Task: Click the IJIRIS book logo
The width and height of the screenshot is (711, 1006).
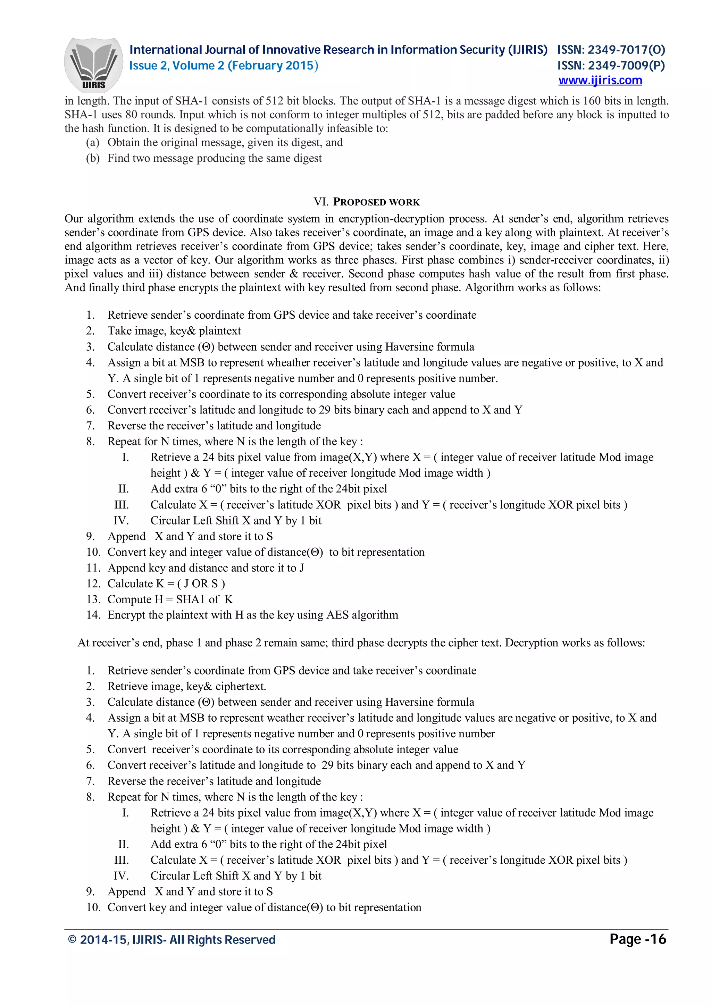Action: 93,65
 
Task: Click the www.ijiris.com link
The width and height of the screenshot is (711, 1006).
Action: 600,81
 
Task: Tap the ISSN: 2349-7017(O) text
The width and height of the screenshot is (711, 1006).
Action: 611,50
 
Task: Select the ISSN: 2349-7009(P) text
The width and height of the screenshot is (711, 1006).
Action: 611,66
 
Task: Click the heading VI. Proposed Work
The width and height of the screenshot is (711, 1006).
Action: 366,202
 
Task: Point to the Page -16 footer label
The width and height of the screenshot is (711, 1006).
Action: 637,939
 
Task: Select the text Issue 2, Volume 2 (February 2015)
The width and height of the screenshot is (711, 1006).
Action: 224,66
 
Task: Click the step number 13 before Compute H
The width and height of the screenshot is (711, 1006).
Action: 93,600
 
